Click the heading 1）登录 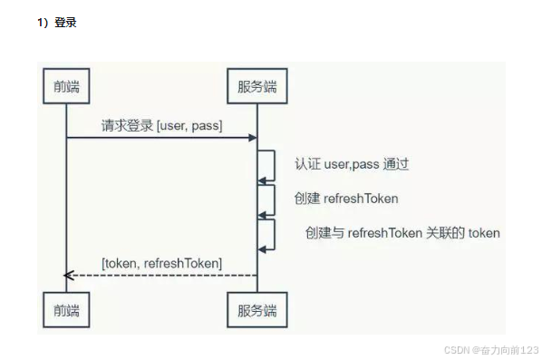[56, 23]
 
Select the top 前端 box [66, 87]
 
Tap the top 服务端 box [256, 87]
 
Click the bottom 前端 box [66, 310]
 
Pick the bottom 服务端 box [256, 310]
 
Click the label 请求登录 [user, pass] [161, 125]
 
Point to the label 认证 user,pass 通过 [352, 165]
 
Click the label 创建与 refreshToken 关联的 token [402, 232]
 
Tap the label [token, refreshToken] [161, 263]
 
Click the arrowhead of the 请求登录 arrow [253, 138]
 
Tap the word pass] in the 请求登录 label [208, 125]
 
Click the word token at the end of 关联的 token [484, 232]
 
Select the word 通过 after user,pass [395, 165]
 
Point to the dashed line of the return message [163, 276]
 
